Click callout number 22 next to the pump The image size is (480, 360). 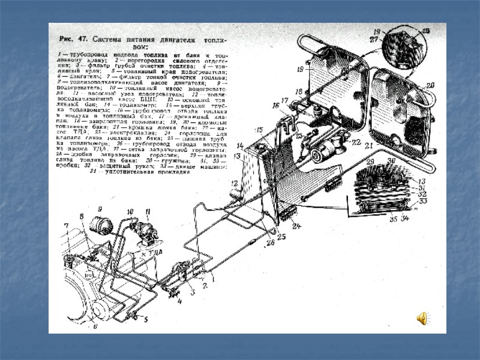coord(356,142)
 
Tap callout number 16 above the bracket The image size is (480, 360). coord(276,106)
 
